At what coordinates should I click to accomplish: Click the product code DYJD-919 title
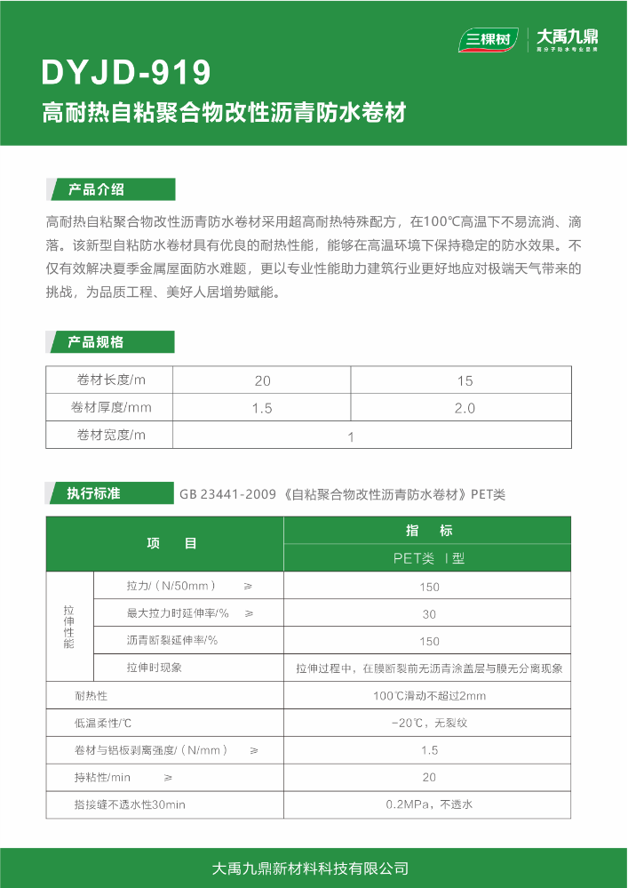point(126,72)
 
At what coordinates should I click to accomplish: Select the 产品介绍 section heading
point(97,189)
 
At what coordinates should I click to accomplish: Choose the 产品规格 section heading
point(97,342)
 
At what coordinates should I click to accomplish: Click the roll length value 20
point(262,380)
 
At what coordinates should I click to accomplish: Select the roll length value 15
point(465,380)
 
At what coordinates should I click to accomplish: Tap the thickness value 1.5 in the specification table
point(262,408)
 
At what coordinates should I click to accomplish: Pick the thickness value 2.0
point(465,408)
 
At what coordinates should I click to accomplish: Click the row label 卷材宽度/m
point(110,435)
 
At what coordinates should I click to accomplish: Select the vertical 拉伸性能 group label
point(69,626)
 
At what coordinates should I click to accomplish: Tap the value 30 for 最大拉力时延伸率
point(429,613)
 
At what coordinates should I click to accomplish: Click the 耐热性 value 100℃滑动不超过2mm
point(429,695)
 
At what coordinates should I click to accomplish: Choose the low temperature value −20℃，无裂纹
point(429,723)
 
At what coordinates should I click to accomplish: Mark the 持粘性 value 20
point(429,777)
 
